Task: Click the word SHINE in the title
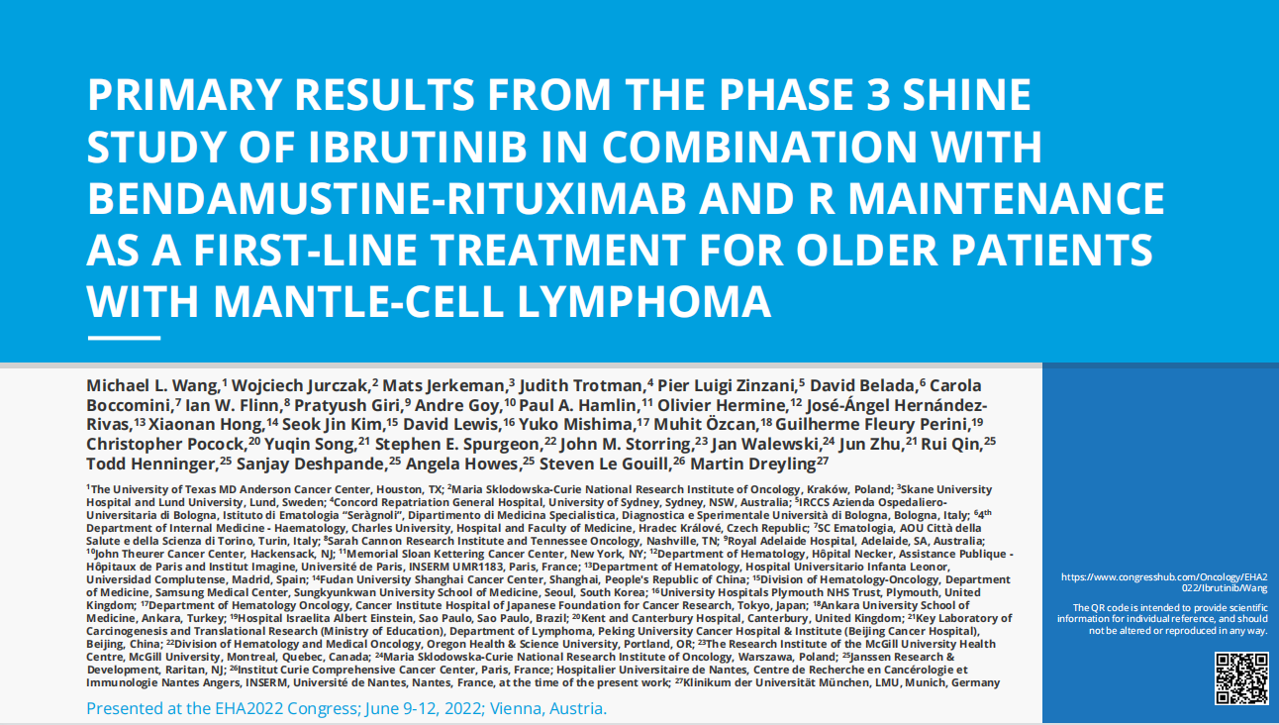click(x=966, y=94)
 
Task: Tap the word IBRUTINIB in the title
click(x=418, y=147)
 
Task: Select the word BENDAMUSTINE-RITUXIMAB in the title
click(x=386, y=198)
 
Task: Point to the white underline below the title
click(x=124, y=338)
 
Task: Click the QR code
click(x=1240, y=678)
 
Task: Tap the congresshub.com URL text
click(x=1164, y=582)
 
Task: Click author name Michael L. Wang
click(x=152, y=386)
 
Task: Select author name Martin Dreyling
click(x=752, y=464)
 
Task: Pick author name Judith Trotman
click(x=581, y=386)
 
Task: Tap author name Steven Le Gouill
click(x=604, y=464)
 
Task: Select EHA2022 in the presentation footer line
click(x=248, y=708)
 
